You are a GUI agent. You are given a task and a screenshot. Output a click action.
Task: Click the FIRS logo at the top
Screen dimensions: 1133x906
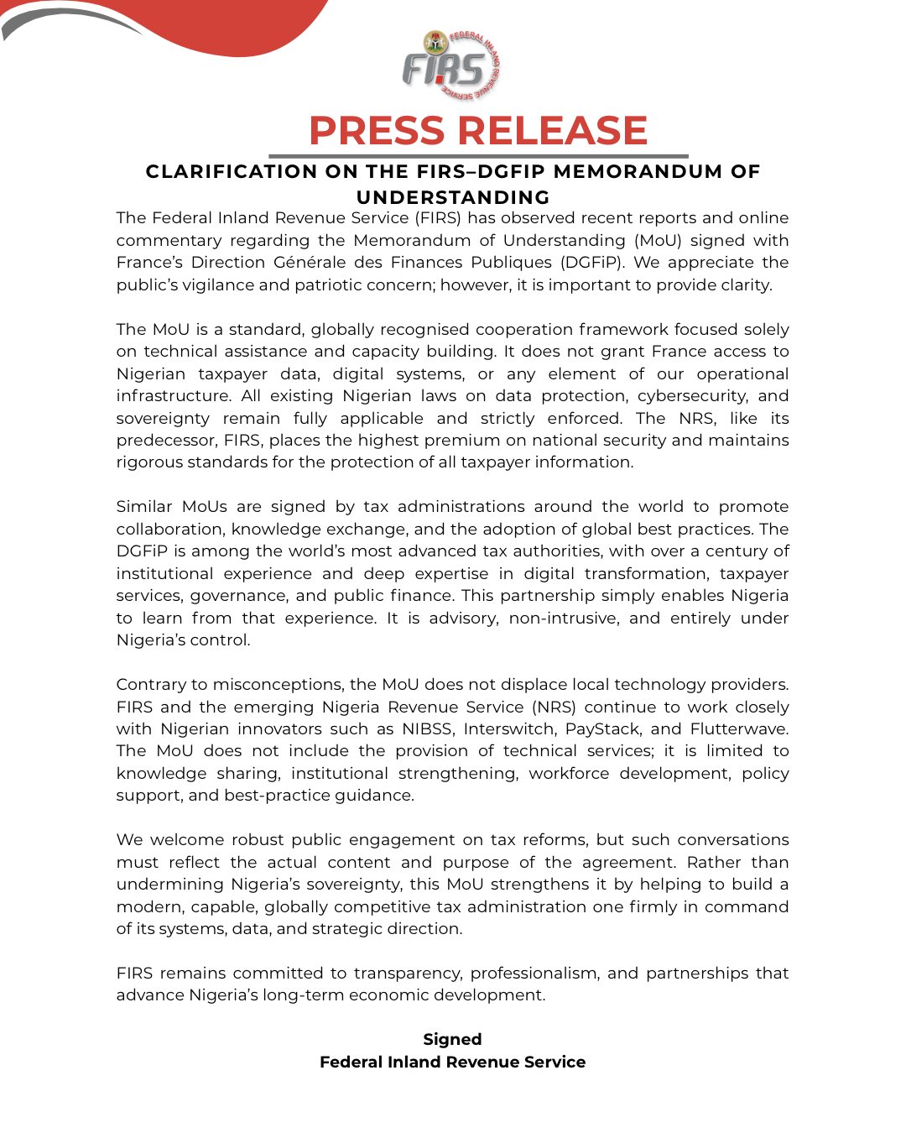451,65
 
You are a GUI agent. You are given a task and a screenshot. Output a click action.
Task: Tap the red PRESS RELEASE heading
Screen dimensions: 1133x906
478,131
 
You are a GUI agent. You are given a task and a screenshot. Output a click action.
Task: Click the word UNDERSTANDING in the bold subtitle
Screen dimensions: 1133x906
453,197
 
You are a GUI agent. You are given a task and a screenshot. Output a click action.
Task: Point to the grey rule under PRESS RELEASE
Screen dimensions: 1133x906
478,156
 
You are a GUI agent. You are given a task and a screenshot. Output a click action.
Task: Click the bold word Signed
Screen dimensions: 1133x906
452,1040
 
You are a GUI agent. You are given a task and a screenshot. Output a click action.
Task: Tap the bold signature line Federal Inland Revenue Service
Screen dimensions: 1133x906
452,1063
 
